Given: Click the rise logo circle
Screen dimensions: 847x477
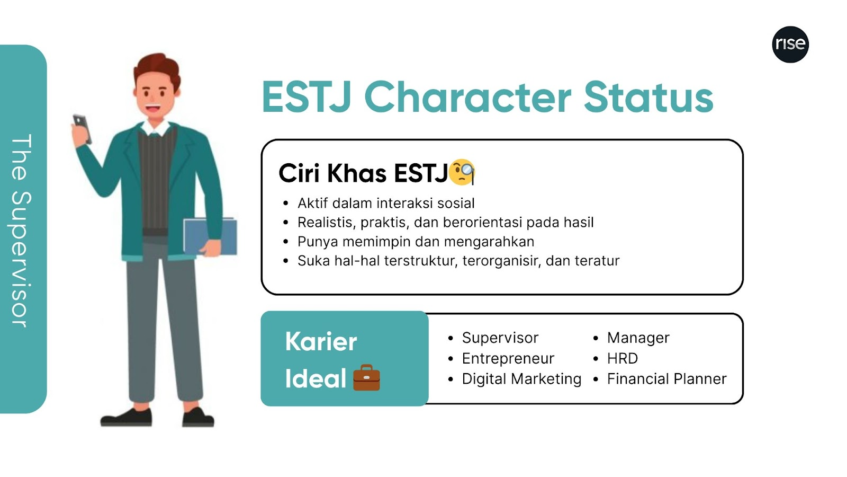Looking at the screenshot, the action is tap(790, 45).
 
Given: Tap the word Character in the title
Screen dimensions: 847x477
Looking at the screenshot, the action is tap(468, 98).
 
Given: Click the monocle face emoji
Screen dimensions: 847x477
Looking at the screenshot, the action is tap(462, 172).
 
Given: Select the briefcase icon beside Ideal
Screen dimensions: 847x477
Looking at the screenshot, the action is tap(366, 377).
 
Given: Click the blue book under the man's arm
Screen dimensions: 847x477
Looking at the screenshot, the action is tap(210, 236).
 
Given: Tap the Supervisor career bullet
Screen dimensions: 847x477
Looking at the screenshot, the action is tap(500, 338).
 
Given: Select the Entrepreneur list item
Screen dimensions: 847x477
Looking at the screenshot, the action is tap(508, 358).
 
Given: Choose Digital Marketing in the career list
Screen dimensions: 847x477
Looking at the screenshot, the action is tap(521, 379).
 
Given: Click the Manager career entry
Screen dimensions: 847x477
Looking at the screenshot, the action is tap(638, 338).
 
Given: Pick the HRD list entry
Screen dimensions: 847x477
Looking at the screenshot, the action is tap(623, 358).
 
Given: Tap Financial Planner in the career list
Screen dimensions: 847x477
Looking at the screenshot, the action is tap(667, 379).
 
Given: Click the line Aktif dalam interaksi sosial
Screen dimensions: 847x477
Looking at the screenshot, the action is tap(386, 204).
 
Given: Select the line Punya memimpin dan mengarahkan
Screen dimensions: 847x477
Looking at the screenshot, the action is tap(416, 242).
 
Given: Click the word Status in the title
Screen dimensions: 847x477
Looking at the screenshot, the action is tap(648, 98).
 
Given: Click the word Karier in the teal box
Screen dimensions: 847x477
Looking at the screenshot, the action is tap(321, 341).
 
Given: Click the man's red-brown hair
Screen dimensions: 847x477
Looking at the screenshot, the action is tap(157, 69).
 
